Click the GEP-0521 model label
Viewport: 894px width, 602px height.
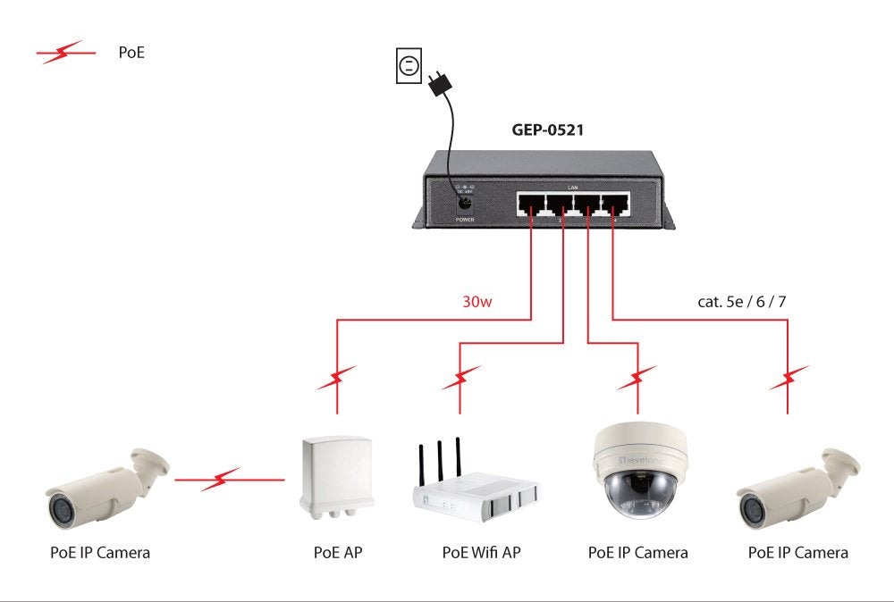click(548, 130)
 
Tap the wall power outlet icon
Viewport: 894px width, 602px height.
click(408, 66)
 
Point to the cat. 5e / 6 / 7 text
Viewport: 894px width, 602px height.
click(742, 301)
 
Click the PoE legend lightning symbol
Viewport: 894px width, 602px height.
click(65, 54)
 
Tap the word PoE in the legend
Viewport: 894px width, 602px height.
click(131, 54)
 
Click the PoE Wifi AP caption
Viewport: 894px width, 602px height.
click(481, 553)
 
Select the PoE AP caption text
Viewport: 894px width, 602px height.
click(338, 553)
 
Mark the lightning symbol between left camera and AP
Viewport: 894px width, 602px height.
click(219, 481)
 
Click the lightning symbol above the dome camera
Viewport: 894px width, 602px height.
click(638, 378)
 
